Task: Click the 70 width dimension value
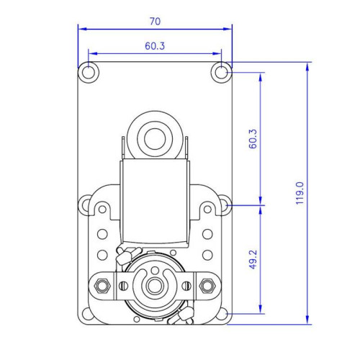tap(154, 22)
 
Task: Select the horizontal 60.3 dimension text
tap(154, 45)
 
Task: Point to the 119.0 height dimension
tap(300, 194)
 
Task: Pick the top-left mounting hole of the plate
tap(88, 72)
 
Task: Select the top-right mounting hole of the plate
tap(222, 72)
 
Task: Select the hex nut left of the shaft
tap(102, 286)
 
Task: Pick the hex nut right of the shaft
tap(208, 286)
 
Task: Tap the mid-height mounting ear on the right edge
tap(225, 206)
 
